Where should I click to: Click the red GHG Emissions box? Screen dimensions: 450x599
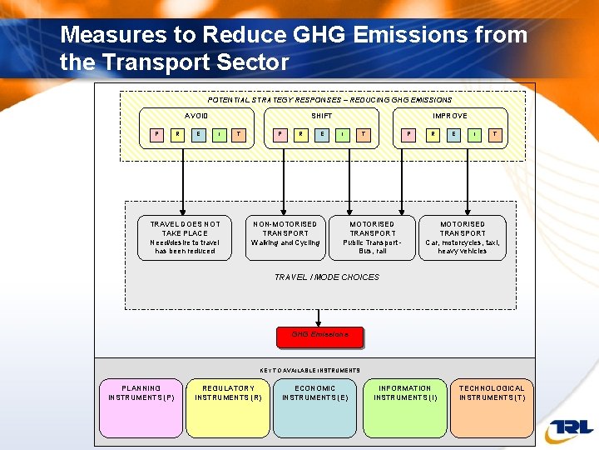(x=319, y=337)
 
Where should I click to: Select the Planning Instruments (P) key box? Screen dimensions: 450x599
(x=141, y=408)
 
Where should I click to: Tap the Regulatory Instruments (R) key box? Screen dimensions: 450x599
(x=228, y=408)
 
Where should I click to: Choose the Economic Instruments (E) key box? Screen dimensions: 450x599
(x=315, y=408)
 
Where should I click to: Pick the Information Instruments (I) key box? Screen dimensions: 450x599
(x=405, y=408)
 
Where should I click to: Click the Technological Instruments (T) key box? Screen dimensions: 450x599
(x=492, y=408)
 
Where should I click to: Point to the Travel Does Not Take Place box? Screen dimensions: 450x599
(x=185, y=237)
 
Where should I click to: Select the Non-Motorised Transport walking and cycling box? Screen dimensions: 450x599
(x=285, y=237)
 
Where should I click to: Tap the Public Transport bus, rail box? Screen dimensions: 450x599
(x=372, y=237)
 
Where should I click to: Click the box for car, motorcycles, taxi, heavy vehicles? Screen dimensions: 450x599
(x=463, y=237)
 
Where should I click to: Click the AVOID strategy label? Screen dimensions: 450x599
(x=196, y=116)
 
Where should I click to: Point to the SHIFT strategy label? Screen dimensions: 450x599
(x=322, y=116)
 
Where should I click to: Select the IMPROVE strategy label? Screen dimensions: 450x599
(x=450, y=116)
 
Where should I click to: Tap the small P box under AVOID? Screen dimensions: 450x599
(x=157, y=134)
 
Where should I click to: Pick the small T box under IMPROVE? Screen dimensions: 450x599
(x=495, y=134)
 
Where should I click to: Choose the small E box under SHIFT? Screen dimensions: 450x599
(x=322, y=134)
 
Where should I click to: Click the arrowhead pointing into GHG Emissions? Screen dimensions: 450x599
(x=319, y=323)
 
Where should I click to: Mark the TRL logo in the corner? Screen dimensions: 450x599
(x=570, y=429)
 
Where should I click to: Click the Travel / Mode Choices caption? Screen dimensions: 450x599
(x=326, y=277)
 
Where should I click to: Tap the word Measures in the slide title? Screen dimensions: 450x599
(x=111, y=35)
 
